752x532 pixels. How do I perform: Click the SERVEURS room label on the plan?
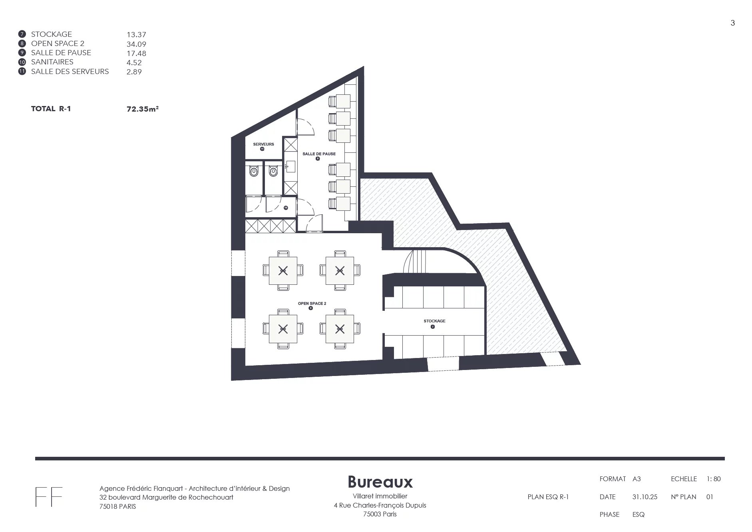[x=263, y=144]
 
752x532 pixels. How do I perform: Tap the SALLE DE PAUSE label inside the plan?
[x=319, y=154]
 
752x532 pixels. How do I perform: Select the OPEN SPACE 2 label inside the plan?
[x=312, y=303]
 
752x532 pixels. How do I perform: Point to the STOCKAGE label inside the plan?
[x=434, y=321]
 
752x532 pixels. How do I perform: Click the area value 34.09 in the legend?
[x=136, y=44]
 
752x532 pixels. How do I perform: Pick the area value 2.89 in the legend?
[x=134, y=72]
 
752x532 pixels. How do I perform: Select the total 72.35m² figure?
[x=143, y=108]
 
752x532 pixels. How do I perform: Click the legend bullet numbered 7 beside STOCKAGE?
[x=22, y=34]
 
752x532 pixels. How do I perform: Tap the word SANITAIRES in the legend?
[x=52, y=62]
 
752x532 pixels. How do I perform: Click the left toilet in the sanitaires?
[x=254, y=172]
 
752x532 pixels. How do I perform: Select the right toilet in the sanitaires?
[x=273, y=172]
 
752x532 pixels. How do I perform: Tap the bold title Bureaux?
[x=380, y=482]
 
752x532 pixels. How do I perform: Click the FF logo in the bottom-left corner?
[x=49, y=497]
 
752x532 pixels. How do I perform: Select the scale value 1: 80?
[x=714, y=479]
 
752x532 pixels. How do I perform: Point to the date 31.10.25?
[x=645, y=497]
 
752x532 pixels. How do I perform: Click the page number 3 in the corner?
[x=733, y=23]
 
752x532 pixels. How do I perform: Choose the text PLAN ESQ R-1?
[x=548, y=497]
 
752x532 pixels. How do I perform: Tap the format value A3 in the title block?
[x=637, y=479]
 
